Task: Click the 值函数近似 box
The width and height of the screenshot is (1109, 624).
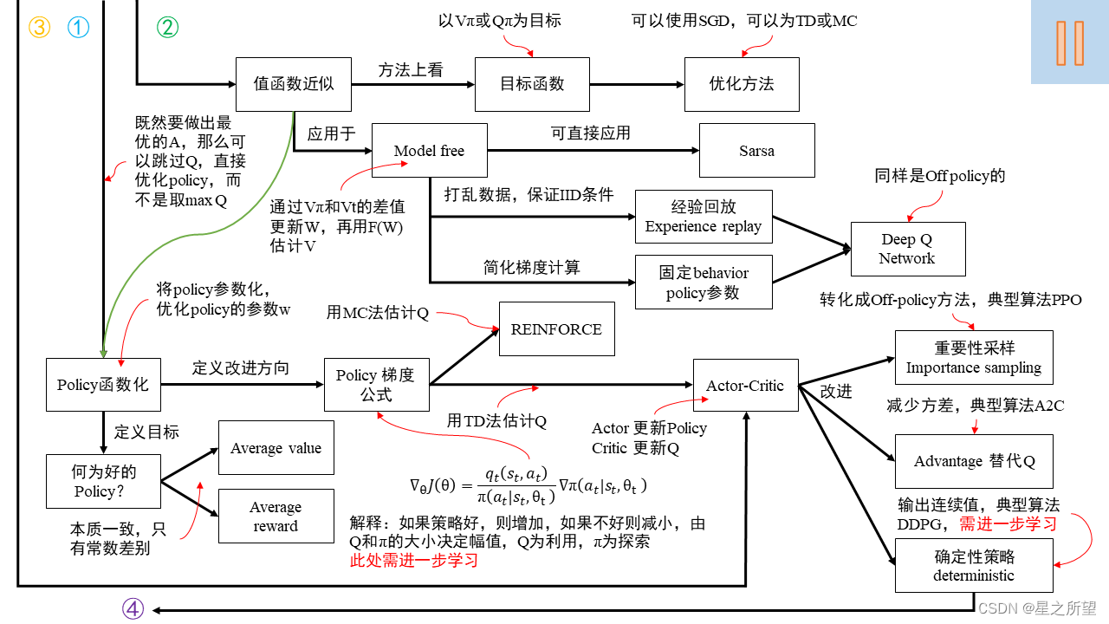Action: pos(294,84)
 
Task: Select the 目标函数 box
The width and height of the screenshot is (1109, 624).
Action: pos(532,84)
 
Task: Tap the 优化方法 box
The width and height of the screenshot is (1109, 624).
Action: pos(742,84)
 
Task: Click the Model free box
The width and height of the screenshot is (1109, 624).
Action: pos(429,151)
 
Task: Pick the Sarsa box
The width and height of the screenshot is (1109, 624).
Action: pos(756,151)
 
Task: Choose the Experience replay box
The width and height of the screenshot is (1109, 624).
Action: pos(703,217)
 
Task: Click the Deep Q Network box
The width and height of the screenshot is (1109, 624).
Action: pos(906,249)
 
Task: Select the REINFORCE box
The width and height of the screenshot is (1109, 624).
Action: pos(556,329)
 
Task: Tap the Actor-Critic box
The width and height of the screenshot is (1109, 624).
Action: pos(745,386)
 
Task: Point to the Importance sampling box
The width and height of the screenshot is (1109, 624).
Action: pos(974,357)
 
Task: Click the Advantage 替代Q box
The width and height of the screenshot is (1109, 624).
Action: pos(974,461)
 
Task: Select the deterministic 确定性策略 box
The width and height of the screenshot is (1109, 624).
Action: pos(974,565)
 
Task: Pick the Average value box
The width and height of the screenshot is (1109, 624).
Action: pos(276,448)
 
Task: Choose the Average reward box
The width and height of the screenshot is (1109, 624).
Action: pos(276,517)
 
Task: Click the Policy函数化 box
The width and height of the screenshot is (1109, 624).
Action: pos(103,385)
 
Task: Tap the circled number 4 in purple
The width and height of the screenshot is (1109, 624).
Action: pos(133,609)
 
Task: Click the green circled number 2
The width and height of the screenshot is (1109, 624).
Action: pos(167,27)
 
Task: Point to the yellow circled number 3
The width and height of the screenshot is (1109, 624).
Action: pos(40,27)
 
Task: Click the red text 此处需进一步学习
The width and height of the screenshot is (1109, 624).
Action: pos(413,561)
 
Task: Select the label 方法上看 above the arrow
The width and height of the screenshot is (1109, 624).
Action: pos(410,70)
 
